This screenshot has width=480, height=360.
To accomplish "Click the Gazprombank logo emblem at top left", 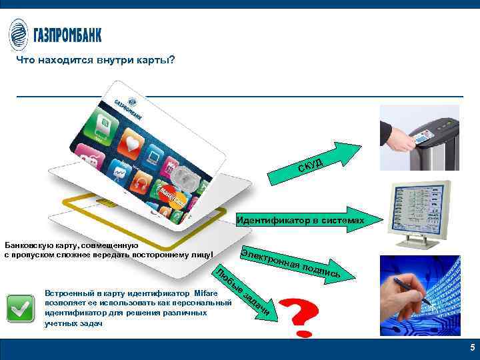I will click(x=19, y=34).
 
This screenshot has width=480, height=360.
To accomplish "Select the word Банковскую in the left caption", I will click(x=25, y=245).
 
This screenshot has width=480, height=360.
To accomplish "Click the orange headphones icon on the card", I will click(x=141, y=181).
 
